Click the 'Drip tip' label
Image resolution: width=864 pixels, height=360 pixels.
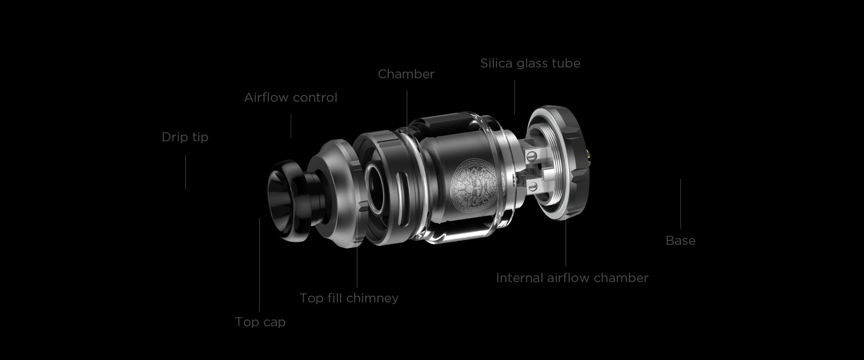[x=185, y=137]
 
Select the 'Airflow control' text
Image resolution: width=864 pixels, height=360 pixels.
[x=291, y=97]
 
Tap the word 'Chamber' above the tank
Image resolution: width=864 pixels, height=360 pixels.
[x=406, y=74]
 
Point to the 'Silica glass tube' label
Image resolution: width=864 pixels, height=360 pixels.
[x=530, y=63]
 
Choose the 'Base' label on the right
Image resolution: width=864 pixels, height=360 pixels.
[x=680, y=240]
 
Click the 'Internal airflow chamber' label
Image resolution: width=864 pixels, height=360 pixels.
[x=572, y=278]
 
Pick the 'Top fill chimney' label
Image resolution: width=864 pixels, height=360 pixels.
[x=349, y=298]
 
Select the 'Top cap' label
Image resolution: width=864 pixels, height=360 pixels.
[x=260, y=322]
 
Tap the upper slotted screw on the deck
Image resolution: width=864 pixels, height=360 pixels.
[x=532, y=156]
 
